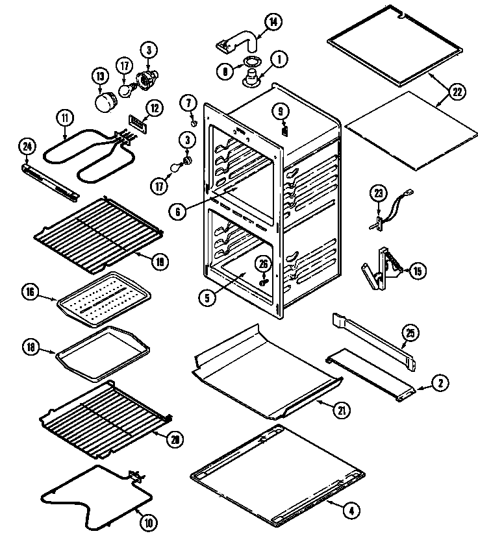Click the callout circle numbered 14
coord(274,21)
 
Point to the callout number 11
coord(65,118)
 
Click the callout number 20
coord(173,439)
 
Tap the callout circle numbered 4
coord(351,510)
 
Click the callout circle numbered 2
coord(440,384)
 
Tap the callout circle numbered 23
coord(378,192)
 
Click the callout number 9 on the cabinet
coord(282,110)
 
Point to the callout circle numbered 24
coord(27,146)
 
